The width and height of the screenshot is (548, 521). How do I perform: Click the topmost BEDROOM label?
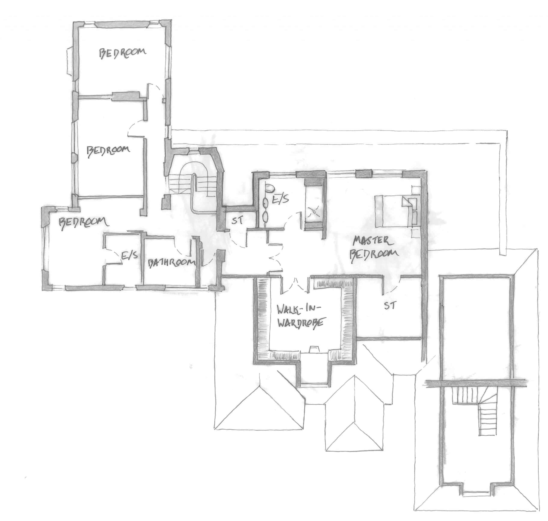[122, 53]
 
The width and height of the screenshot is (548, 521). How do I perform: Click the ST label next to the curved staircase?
[237, 221]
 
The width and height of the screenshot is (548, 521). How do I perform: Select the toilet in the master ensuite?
[269, 189]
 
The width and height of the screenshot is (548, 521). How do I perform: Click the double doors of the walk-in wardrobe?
[295, 285]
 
